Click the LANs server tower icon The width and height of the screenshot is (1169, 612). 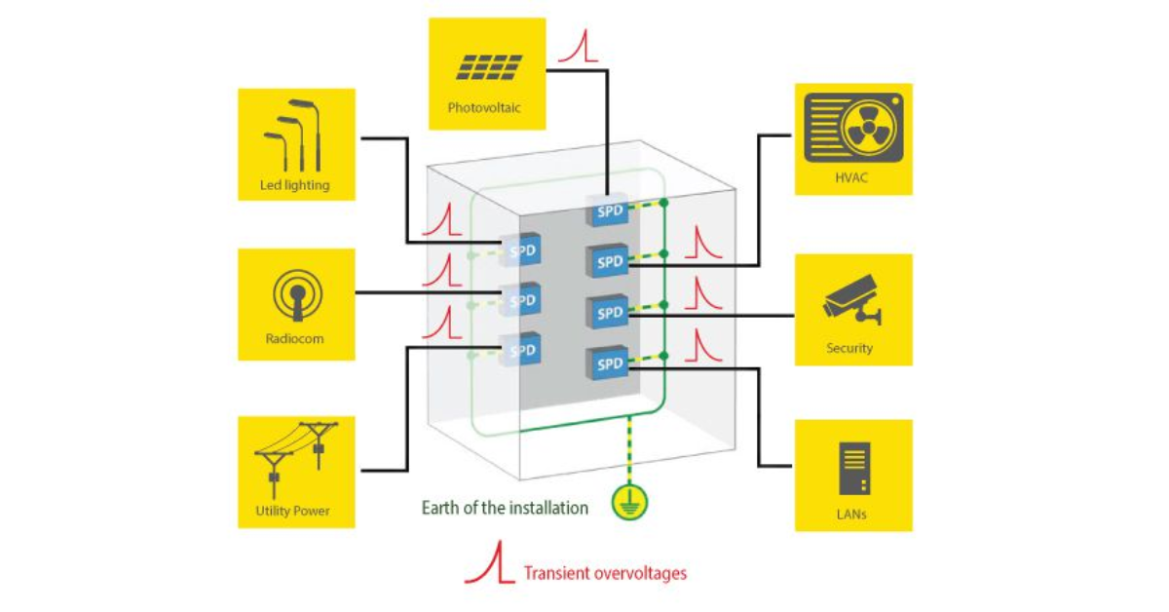click(x=853, y=469)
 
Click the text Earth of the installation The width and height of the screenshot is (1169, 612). click(x=505, y=508)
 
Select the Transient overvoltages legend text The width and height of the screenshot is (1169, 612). click(x=605, y=573)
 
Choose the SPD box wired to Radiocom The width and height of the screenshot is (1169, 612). click(x=521, y=300)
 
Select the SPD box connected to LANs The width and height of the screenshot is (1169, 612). click(x=608, y=364)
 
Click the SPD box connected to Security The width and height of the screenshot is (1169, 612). click(x=608, y=313)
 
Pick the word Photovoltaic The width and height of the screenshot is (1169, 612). click(x=484, y=107)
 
